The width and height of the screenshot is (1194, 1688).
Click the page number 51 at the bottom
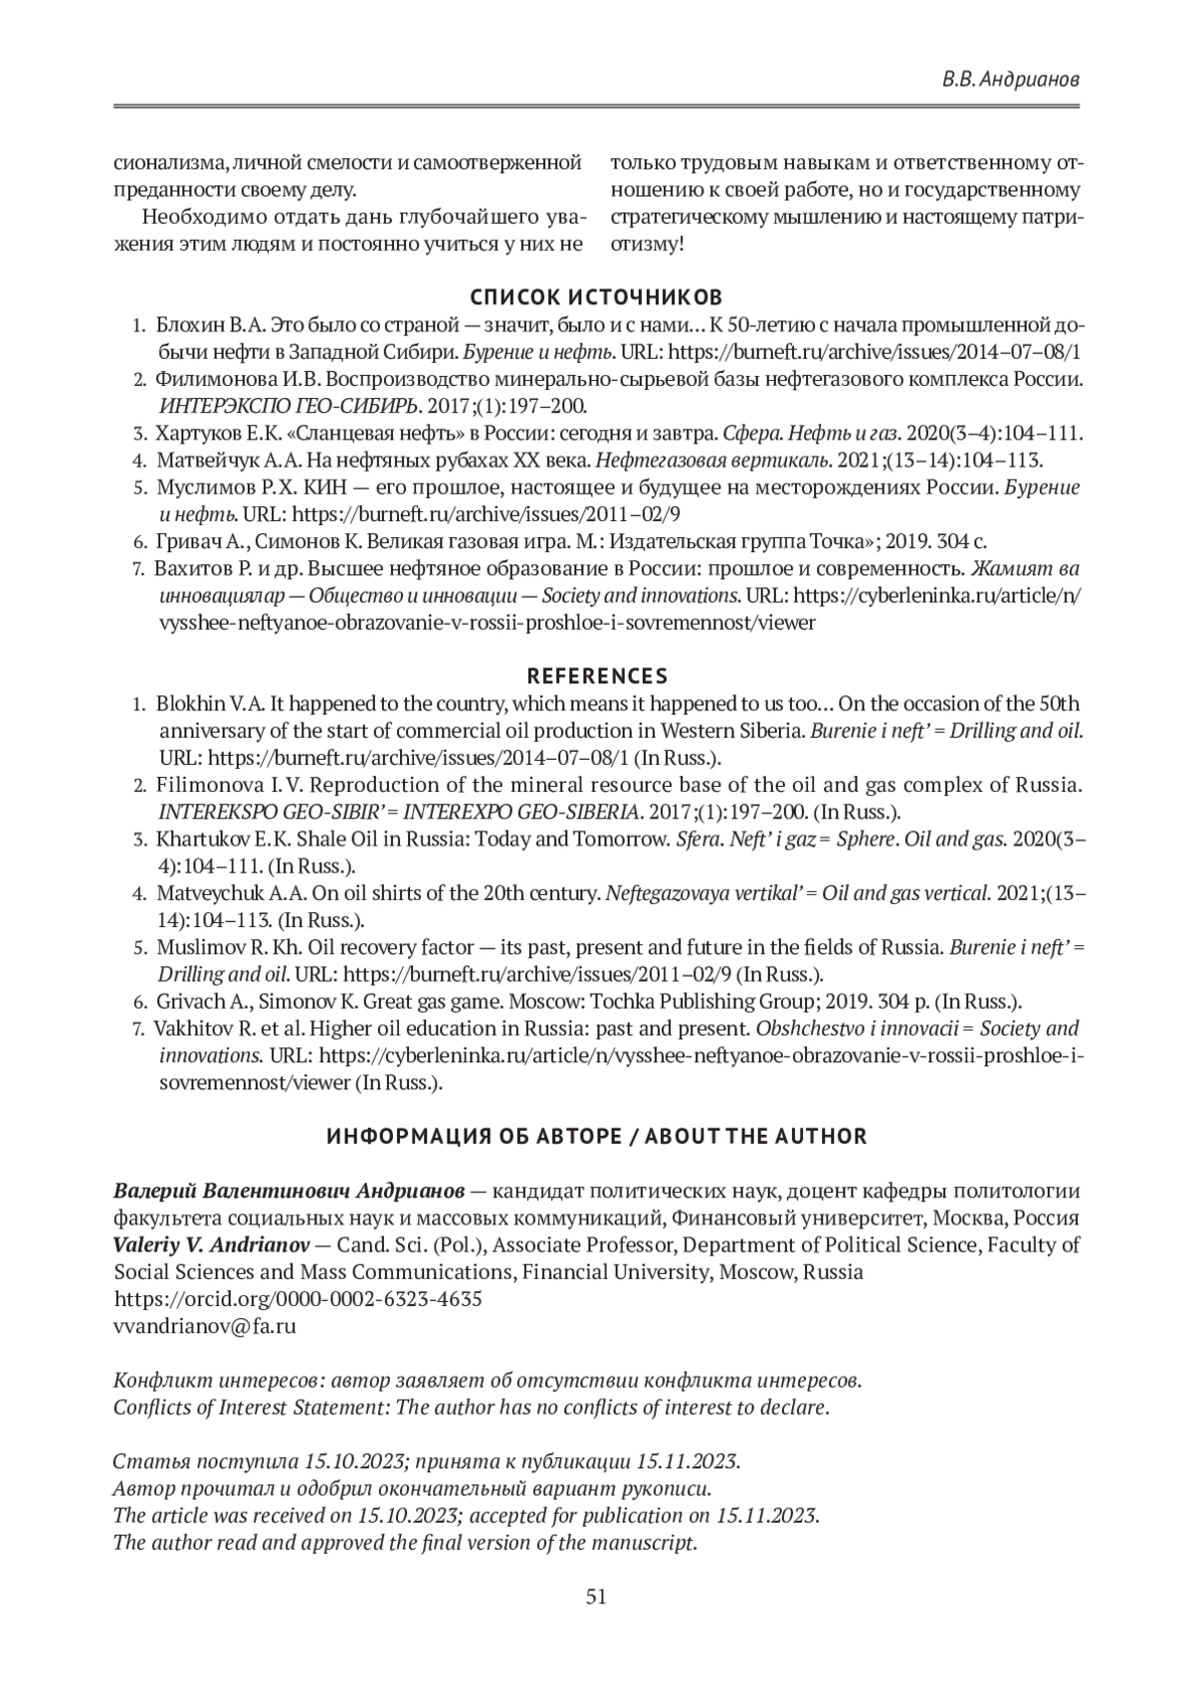pos(596,1596)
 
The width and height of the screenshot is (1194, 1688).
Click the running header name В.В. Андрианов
pos(1011,80)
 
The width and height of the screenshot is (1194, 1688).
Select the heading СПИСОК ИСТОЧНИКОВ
pos(596,297)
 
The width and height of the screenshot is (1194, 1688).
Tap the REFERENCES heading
pos(597,676)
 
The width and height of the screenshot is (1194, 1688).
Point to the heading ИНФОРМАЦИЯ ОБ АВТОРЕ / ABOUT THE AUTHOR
pos(597,1136)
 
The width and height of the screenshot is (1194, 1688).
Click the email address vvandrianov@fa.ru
pos(205,1326)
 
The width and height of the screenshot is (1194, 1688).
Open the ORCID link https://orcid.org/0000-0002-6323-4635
pos(298,1299)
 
